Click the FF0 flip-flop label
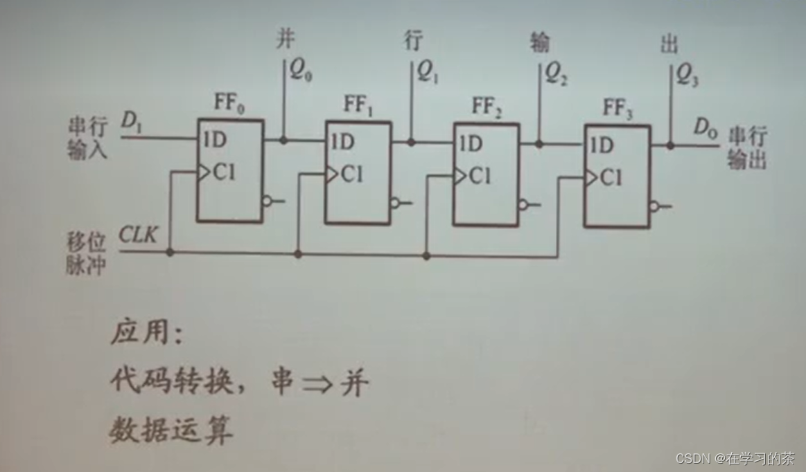click(229, 107)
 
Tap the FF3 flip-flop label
click(617, 109)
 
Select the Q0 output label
click(299, 71)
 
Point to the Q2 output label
click(557, 73)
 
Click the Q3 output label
click(686, 74)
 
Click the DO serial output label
click(706, 130)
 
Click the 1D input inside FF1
click(342, 143)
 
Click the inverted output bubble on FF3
click(655, 206)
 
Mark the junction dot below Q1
click(411, 143)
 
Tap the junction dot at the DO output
click(670, 145)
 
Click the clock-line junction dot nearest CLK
click(170, 252)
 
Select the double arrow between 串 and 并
click(319, 381)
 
